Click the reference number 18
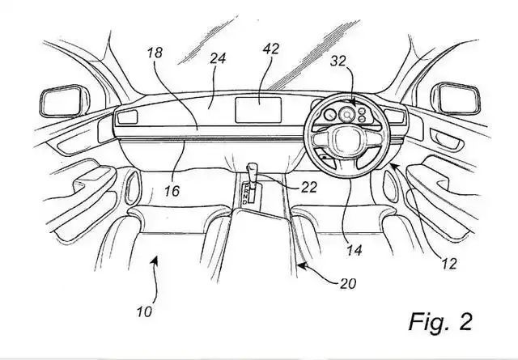[x=155, y=53]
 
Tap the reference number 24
[x=218, y=58]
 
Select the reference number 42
[x=271, y=49]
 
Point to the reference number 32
[x=338, y=61]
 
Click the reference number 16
[x=172, y=191]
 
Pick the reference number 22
[x=309, y=187]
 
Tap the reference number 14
[x=355, y=250]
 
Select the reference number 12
[x=449, y=264]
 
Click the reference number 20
[x=348, y=283]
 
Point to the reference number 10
[x=144, y=311]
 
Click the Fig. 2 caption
[x=440, y=321]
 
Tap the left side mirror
[x=65, y=101]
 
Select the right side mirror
[x=455, y=99]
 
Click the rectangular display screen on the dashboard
[x=258, y=110]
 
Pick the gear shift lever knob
[x=252, y=167]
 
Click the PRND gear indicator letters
[x=246, y=194]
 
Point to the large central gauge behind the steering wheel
[x=347, y=115]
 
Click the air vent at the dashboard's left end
[x=128, y=117]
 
